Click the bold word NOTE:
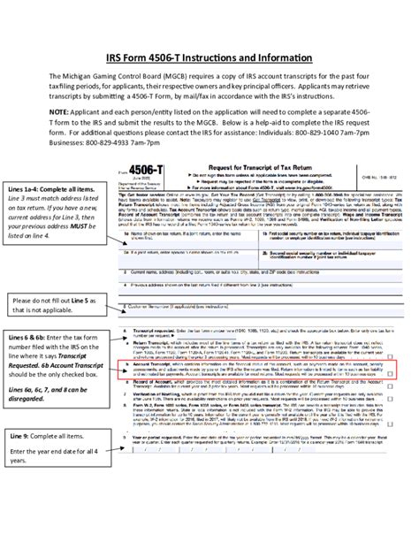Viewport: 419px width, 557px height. [65, 114]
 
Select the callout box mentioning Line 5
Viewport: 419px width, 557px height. [57, 305]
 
